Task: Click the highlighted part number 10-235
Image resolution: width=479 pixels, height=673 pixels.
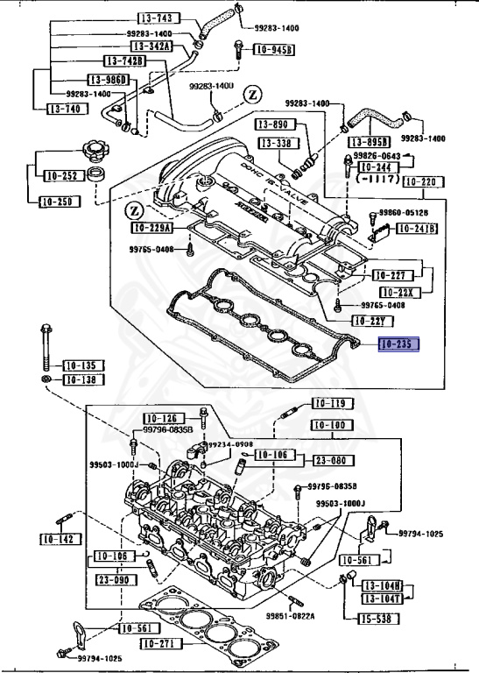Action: click(x=398, y=344)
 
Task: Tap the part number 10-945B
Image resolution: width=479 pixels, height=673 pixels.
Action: click(x=274, y=51)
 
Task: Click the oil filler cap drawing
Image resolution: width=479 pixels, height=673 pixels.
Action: click(x=96, y=152)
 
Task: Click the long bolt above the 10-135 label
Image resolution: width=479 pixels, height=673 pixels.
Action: click(x=44, y=347)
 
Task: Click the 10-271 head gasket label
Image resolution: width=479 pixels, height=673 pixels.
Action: click(x=164, y=643)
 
